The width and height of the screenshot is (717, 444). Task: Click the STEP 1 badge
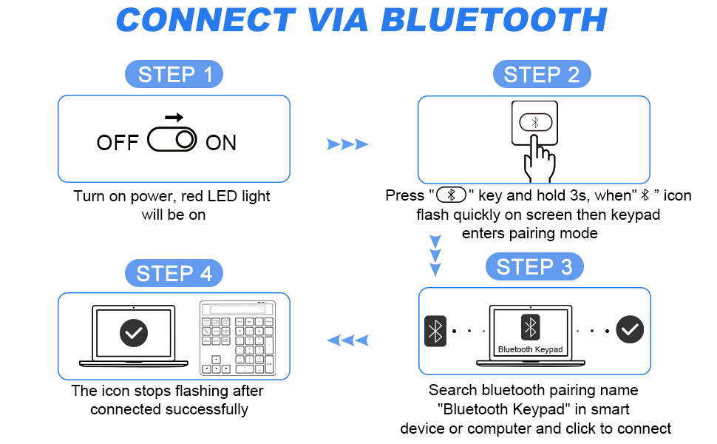click(x=174, y=75)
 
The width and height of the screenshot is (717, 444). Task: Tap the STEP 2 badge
click(x=542, y=75)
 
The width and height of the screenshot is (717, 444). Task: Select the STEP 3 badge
click(x=534, y=267)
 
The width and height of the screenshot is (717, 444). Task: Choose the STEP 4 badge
click(x=174, y=273)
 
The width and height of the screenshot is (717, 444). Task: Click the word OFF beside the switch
click(x=118, y=143)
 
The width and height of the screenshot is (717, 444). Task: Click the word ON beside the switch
click(x=221, y=143)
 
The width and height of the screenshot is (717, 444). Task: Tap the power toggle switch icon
click(x=172, y=140)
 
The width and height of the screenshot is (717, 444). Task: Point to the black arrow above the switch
click(x=174, y=118)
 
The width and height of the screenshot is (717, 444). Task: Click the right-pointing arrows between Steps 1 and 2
click(x=347, y=144)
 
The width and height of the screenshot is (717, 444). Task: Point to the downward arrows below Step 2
click(x=435, y=255)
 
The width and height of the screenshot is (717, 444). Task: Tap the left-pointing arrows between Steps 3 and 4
click(x=347, y=340)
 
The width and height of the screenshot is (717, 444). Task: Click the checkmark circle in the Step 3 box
click(x=630, y=330)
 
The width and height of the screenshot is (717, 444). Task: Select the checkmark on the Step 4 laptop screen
click(x=134, y=333)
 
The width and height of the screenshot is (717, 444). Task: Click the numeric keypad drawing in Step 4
click(x=237, y=337)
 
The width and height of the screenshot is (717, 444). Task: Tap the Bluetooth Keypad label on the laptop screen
click(x=530, y=349)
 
